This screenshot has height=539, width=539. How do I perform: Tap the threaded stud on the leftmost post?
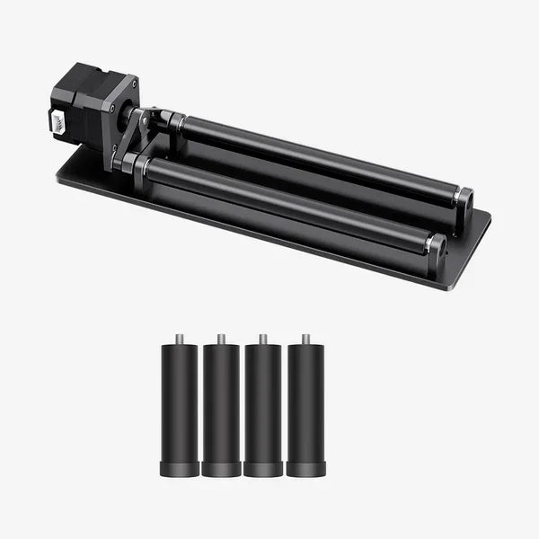178,339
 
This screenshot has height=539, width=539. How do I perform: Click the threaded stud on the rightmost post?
305,339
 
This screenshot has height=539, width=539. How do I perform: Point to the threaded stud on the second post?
220,339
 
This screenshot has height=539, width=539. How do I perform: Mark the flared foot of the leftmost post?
178,469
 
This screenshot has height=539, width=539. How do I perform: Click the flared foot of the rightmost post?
305,469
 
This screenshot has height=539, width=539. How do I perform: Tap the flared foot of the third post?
263,469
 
